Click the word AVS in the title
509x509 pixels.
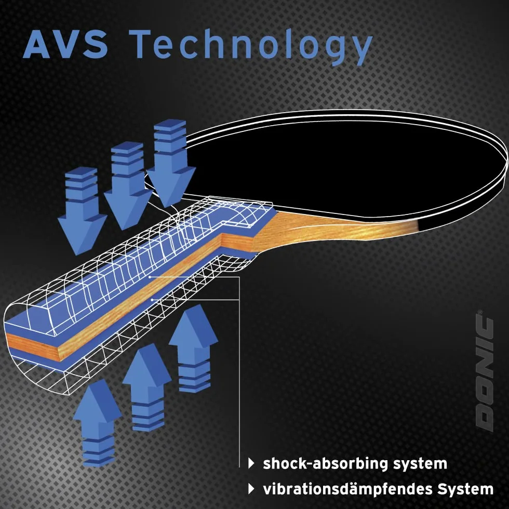tap(65, 44)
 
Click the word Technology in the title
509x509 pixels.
tap(253, 47)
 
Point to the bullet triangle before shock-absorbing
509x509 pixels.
tap(251, 463)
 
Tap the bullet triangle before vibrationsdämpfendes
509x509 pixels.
tap(251, 489)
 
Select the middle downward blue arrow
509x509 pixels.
tap(128, 186)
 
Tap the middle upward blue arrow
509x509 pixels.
tap(147, 387)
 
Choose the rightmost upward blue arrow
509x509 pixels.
tap(193, 349)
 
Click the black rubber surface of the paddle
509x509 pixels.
tap(341, 166)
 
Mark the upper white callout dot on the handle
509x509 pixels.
tap(150, 277)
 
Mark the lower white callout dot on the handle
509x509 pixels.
tap(152, 300)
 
